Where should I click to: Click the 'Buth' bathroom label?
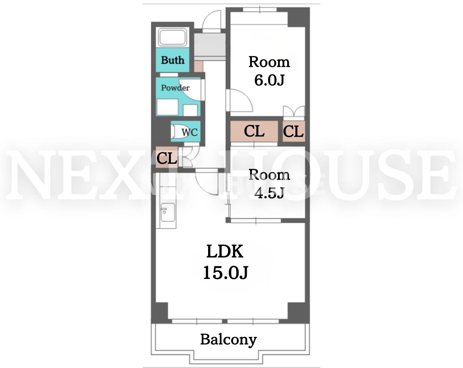(172, 60)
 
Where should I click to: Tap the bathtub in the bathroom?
(172, 38)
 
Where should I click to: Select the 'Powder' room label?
(175, 88)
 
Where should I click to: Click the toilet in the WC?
(176, 132)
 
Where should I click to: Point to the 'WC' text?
(190, 132)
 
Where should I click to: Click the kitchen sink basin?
(168, 212)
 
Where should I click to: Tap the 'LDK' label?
(225, 251)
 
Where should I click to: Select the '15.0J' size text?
(225, 272)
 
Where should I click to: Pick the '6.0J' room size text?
(270, 80)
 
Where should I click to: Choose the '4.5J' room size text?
(270, 193)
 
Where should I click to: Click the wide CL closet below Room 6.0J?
(254, 131)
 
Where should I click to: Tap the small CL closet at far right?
(293, 131)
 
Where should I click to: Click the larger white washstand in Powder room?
(168, 107)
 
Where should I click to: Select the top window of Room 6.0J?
(260, 10)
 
